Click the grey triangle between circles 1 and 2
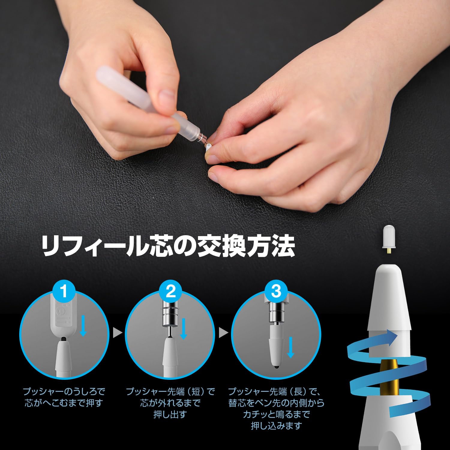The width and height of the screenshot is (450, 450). (118, 332)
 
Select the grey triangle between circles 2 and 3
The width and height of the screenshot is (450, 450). (223, 332)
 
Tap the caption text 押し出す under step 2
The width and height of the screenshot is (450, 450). (170, 414)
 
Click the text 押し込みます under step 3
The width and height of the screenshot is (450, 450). (276, 426)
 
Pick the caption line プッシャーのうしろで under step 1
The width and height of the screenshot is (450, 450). (64, 391)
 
